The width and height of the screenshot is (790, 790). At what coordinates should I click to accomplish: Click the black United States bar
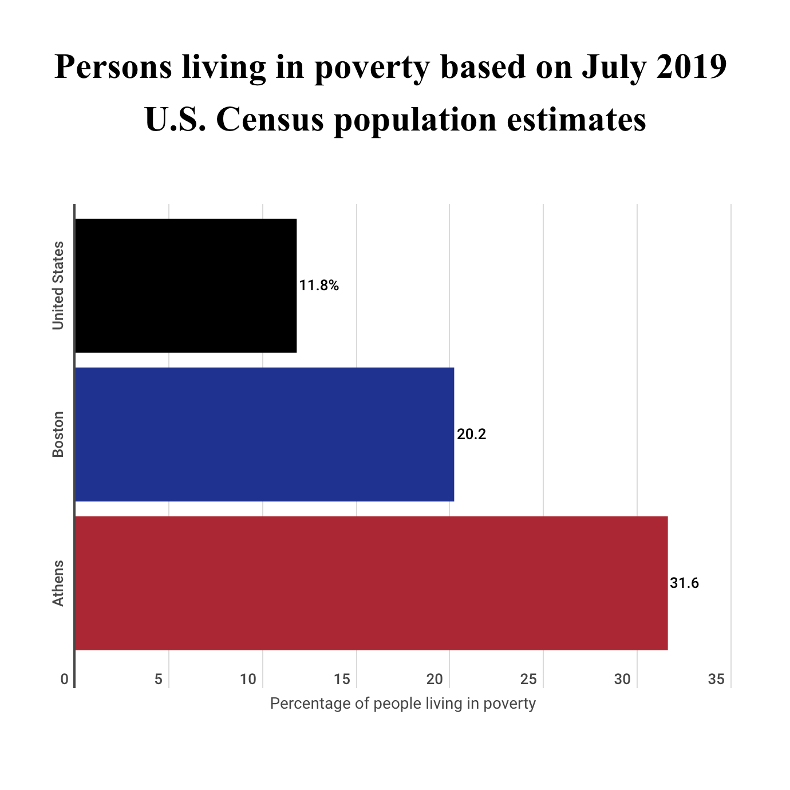tap(186, 286)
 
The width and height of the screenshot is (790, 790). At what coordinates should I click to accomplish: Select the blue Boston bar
tap(264, 434)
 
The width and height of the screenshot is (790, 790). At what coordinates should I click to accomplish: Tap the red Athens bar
tap(371, 583)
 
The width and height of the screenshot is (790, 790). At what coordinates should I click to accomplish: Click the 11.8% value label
tap(319, 286)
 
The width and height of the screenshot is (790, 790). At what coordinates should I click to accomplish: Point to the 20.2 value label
tap(471, 434)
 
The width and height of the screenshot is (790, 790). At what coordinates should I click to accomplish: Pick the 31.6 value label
tap(684, 583)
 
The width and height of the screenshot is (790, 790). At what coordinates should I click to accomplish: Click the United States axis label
tap(58, 286)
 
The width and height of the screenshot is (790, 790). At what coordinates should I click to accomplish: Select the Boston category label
tap(58, 434)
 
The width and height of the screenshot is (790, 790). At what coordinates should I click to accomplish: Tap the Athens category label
tap(58, 583)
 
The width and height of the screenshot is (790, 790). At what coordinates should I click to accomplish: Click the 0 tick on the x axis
tap(65, 680)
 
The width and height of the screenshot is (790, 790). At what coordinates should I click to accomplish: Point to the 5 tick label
tap(159, 680)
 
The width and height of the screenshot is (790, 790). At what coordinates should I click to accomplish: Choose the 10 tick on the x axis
tap(248, 680)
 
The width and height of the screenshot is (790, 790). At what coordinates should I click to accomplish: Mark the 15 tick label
tap(342, 680)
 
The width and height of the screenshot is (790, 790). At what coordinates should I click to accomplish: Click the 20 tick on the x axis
tap(435, 680)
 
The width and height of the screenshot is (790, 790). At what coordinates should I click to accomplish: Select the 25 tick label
tap(529, 680)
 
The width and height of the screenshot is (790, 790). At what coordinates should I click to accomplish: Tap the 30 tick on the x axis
tap(622, 680)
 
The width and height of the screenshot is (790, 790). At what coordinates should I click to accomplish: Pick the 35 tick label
tap(716, 680)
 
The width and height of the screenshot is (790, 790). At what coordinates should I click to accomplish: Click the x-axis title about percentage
tap(402, 704)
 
